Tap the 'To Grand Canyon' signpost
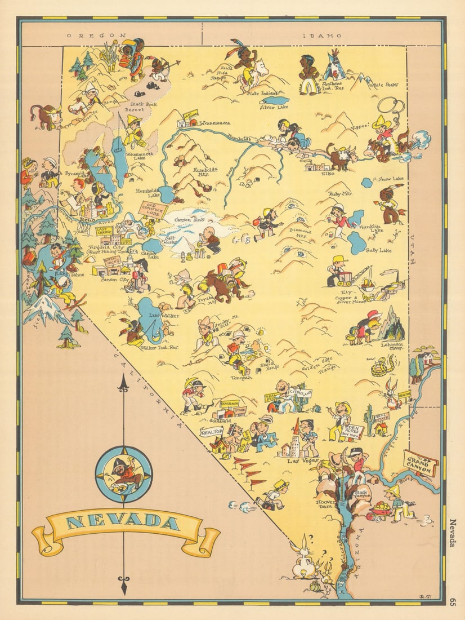(421, 463)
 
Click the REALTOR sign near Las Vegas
(212, 432)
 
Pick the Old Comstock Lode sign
(153, 208)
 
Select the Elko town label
(328, 174)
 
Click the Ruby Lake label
(378, 250)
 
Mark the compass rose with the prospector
(123, 474)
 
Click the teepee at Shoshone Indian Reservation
(335, 67)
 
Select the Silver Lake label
(274, 107)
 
